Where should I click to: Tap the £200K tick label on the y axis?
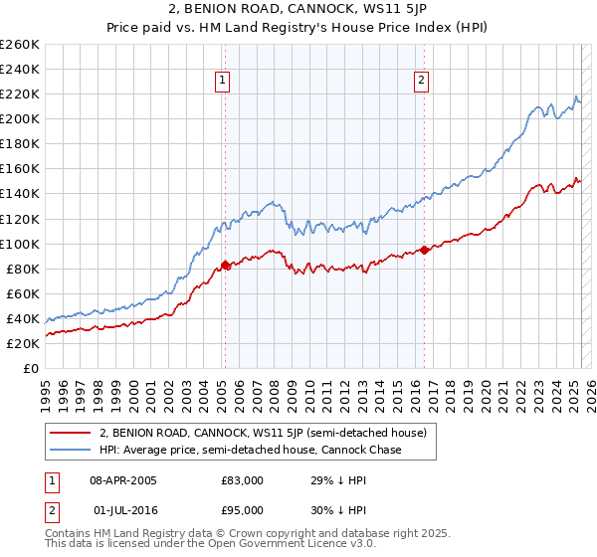[19, 118]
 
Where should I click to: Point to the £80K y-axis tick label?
[22, 269]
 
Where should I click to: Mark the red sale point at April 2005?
[225, 265]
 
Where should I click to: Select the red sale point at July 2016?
[425, 250]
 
